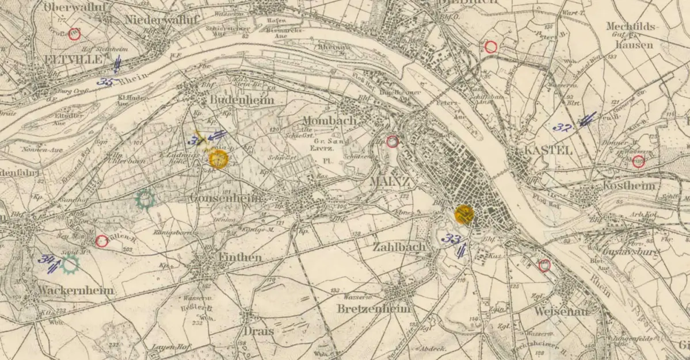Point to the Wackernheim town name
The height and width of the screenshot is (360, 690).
point(75,290)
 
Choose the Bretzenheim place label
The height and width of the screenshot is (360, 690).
point(376,309)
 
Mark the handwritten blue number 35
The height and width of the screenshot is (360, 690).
point(105,82)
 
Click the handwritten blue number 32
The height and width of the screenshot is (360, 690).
point(562,127)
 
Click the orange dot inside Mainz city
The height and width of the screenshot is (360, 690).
point(464,213)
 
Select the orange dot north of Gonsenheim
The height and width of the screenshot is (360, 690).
point(219,159)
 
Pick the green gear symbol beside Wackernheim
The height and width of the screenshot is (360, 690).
point(70,264)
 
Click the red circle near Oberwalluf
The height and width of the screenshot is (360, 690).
point(74,35)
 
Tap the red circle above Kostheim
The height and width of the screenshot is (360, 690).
point(638,162)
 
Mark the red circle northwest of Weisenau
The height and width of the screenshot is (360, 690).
point(544,265)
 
